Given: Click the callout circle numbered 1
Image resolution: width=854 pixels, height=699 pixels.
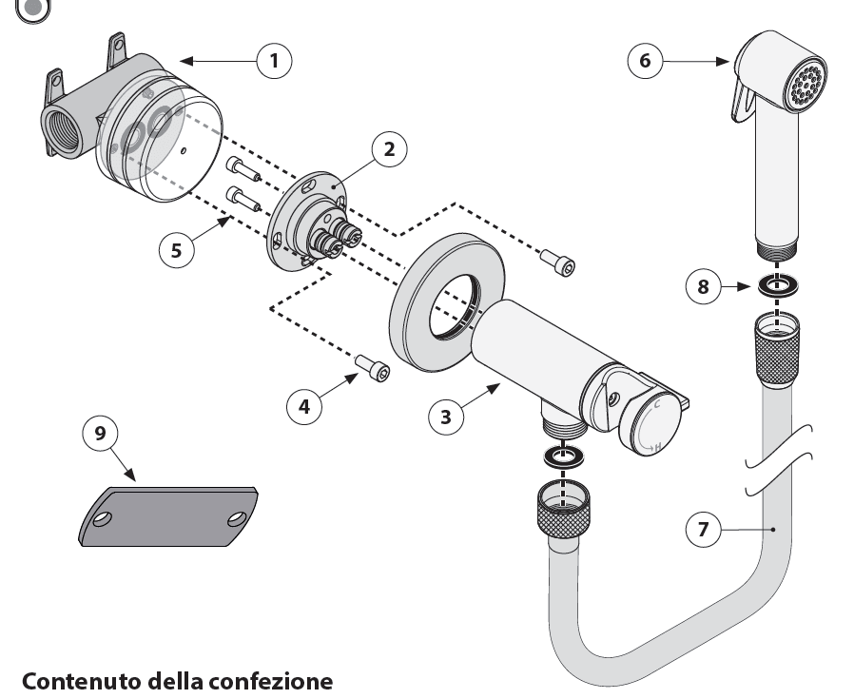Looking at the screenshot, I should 275,61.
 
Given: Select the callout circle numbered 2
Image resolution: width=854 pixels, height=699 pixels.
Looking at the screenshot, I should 389,150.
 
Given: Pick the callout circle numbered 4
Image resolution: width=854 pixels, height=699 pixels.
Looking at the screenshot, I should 304,406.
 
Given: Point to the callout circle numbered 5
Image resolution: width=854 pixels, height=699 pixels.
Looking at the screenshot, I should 176,249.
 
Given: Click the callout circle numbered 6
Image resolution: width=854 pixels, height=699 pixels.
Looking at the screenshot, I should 646,61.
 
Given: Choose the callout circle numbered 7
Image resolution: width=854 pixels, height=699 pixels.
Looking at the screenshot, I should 704,530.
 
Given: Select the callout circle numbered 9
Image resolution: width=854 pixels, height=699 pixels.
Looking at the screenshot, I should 101,433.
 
